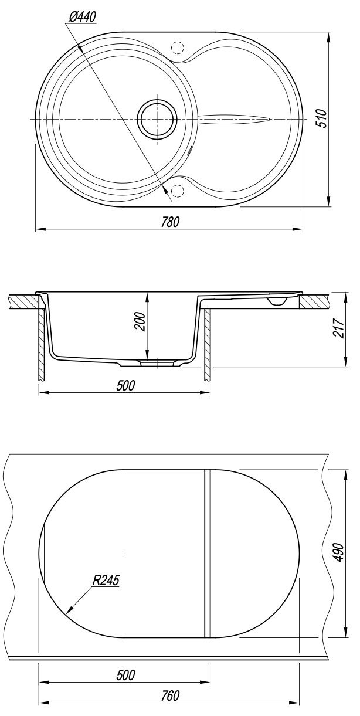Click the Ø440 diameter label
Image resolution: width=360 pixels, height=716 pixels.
coord(82,17)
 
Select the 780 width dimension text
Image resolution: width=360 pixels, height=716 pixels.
coord(170,222)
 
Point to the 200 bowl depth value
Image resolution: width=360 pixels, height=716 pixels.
coord(140,321)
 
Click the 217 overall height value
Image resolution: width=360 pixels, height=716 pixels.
coord(338,328)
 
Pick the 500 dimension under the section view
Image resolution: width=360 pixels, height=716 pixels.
coord(125,385)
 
